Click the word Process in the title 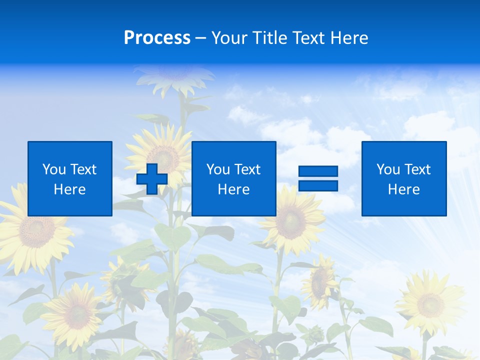[x=157, y=38]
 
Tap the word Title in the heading [x=269, y=38]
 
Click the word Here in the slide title [x=348, y=38]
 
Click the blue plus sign [x=152, y=178]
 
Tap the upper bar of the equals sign [x=318, y=171]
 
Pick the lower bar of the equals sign [x=318, y=186]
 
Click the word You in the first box [x=54, y=169]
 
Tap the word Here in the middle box [x=233, y=189]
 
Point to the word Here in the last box [x=404, y=189]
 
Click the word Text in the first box [x=83, y=169]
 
